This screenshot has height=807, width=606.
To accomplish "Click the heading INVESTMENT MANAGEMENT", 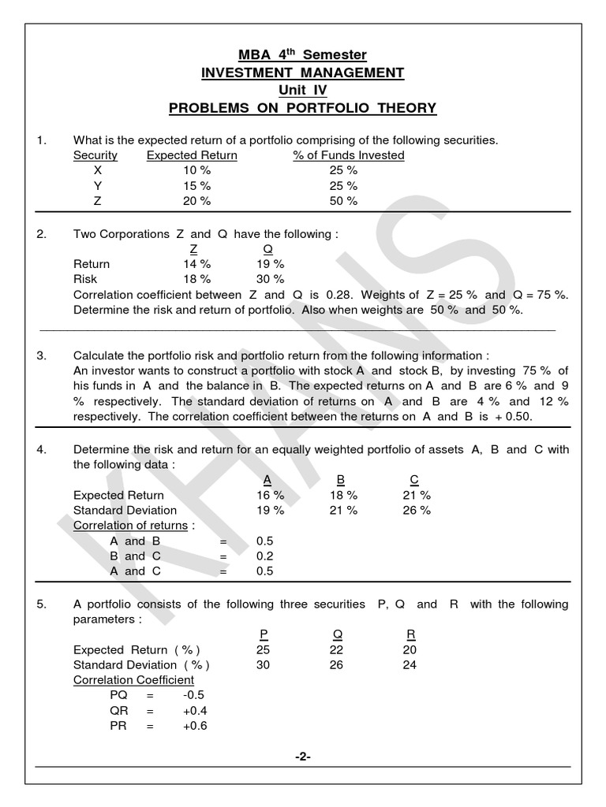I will [303, 73].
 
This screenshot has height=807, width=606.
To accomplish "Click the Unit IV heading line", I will [303, 91].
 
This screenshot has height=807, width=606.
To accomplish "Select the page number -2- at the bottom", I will [303, 757].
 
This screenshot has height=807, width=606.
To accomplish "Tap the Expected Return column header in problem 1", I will [192, 155].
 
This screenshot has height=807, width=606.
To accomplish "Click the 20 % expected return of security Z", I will [196, 201].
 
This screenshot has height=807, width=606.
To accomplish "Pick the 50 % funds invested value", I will [343, 201].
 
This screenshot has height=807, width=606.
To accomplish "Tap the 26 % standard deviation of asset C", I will [417, 510].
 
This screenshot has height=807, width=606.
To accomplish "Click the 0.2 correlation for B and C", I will [264, 556].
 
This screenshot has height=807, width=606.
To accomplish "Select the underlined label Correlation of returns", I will [131, 525].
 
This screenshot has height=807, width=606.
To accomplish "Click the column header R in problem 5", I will [410, 634].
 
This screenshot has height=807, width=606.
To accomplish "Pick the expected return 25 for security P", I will [264, 650].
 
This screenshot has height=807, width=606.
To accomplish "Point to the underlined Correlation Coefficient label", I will [133, 679].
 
